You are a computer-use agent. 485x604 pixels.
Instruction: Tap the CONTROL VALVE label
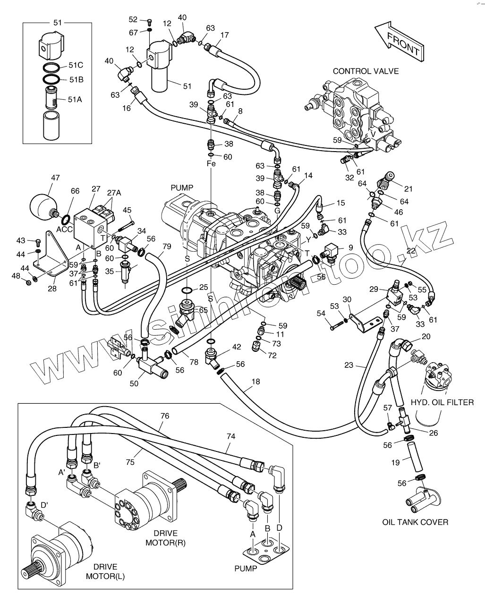[x=366, y=71]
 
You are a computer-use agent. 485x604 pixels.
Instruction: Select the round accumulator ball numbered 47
[x=43, y=204]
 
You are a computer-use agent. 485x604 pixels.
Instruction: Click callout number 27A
[x=114, y=193]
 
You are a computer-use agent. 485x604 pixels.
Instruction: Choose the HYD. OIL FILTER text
[x=442, y=402]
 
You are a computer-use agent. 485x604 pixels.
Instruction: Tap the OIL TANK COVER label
[x=415, y=522]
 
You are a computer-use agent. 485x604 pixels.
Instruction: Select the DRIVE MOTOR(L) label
[x=105, y=571]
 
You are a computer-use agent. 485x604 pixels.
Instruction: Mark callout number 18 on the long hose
[x=255, y=381]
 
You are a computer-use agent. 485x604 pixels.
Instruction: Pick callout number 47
[x=55, y=178]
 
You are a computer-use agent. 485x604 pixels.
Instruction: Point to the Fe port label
[x=211, y=164]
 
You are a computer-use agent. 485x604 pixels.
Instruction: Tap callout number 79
[x=167, y=246]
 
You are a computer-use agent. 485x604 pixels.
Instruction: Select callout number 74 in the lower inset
[x=230, y=437]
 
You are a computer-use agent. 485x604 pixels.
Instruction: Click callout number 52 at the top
[x=133, y=19]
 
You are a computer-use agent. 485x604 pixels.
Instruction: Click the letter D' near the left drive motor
[x=44, y=505]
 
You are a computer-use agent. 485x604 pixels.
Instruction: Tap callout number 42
[x=237, y=347]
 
